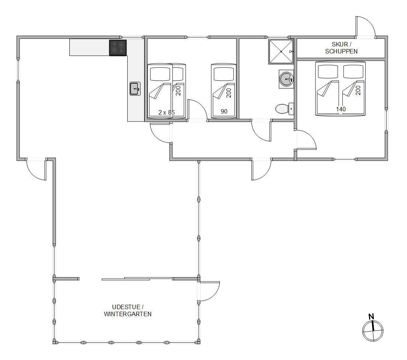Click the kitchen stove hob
[x=118, y=48]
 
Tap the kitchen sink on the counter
[x=135, y=89]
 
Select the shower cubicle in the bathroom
[x=281, y=51]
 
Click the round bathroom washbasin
[x=286, y=79]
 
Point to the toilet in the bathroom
[x=285, y=109]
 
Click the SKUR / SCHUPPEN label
[x=341, y=48]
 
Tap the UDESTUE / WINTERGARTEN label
[x=128, y=311]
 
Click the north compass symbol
[x=373, y=331]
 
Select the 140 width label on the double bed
[x=341, y=109]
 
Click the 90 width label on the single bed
[x=224, y=112]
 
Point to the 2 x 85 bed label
[x=167, y=112]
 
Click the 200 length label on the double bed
[x=358, y=90]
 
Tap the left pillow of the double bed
[x=328, y=71]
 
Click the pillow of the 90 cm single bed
[x=223, y=74]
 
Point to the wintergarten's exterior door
[x=209, y=291]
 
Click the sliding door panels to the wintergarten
[x=137, y=279]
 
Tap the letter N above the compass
[x=372, y=317]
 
